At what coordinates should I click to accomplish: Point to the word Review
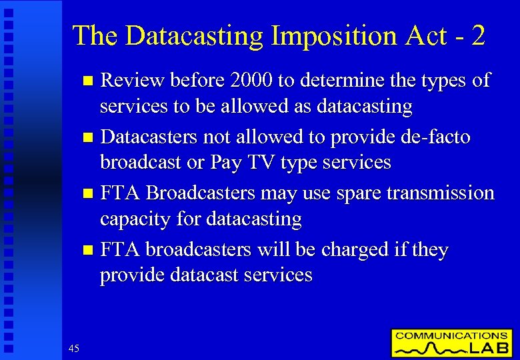point(133,81)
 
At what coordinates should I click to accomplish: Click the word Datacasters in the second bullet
point(148,137)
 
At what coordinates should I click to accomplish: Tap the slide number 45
point(73,348)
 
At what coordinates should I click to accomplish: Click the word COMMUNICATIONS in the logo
point(451,336)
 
